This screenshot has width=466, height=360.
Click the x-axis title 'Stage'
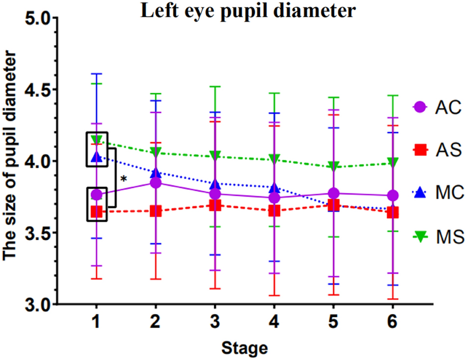pyautogui.click(x=244, y=349)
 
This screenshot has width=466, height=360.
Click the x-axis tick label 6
pyautogui.click(x=391, y=323)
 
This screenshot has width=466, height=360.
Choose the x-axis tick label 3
pyautogui.click(x=215, y=323)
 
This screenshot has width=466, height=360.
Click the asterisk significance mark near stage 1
pyautogui.click(x=123, y=180)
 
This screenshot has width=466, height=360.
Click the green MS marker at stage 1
pyautogui.click(x=97, y=140)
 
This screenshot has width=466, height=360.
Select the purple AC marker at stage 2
pyautogui.click(x=155, y=183)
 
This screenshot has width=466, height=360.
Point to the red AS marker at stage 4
pyautogui.click(x=274, y=211)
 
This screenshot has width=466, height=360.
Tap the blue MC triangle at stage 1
pyautogui.click(x=97, y=157)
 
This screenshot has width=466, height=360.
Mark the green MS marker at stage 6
pyautogui.click(x=391, y=162)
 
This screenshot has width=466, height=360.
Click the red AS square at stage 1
pyautogui.click(x=97, y=212)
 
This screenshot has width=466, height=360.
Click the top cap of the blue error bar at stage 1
pyautogui.click(x=97, y=74)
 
